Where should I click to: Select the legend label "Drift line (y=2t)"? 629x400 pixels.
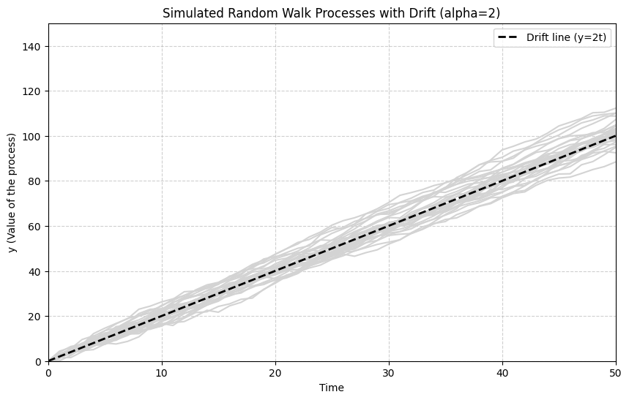(x=567, y=38)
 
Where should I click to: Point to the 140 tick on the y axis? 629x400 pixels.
(x=32, y=46)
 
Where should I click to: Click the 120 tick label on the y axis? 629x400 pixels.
(x=32, y=91)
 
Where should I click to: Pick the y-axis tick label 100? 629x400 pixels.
(x=32, y=137)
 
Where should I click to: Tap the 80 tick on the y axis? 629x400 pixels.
(x=35, y=181)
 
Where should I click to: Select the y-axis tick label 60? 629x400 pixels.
(x=35, y=227)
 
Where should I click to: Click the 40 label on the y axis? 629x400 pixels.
(x=35, y=272)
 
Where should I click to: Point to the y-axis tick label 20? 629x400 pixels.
(x=35, y=317)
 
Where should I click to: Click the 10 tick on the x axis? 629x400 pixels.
(x=162, y=372)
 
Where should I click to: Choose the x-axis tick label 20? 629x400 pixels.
(x=275, y=372)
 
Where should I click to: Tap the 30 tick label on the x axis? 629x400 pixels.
(x=389, y=372)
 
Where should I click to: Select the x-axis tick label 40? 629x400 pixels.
(x=502, y=372)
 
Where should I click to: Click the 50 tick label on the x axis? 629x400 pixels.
(x=615, y=372)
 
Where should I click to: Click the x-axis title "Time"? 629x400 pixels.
(x=332, y=388)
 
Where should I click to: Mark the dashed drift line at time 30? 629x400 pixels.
(x=389, y=226)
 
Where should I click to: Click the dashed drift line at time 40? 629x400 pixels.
(x=502, y=181)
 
